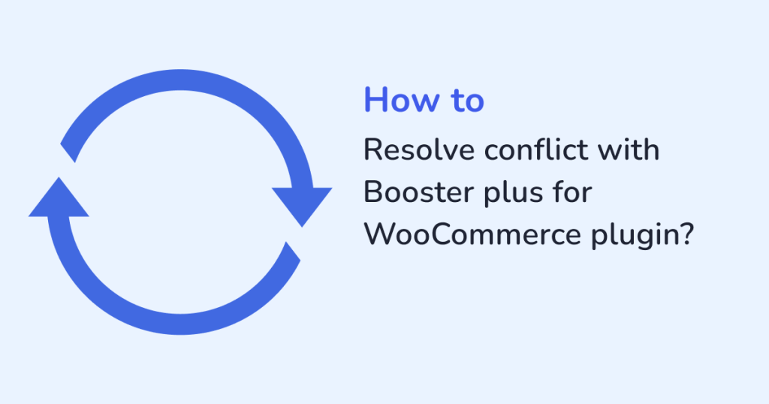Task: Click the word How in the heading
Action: (402, 100)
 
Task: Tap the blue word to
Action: (467, 101)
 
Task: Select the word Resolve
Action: (419, 149)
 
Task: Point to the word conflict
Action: (536, 149)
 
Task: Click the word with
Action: (629, 149)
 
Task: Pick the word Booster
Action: (419, 191)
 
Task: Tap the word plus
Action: (514, 194)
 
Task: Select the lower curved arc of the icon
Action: (180, 324)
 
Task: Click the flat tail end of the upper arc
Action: (68, 153)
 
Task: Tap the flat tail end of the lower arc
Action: (293, 251)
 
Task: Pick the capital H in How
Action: (375, 100)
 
